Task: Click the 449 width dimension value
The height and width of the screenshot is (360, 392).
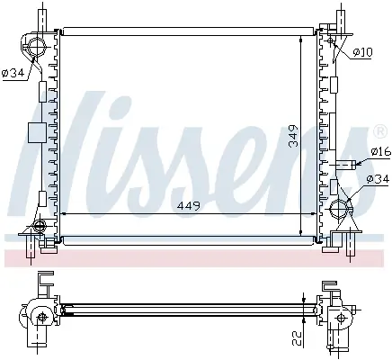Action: (x=189, y=206)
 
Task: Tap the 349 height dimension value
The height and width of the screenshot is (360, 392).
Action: (x=294, y=136)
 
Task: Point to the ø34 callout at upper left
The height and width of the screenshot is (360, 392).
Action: (x=13, y=73)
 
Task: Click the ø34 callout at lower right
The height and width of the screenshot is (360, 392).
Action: (x=379, y=179)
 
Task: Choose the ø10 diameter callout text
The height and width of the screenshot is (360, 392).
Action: (x=362, y=52)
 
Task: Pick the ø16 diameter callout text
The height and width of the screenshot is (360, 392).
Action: (x=381, y=151)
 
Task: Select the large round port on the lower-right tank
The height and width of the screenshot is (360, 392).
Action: (x=339, y=208)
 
